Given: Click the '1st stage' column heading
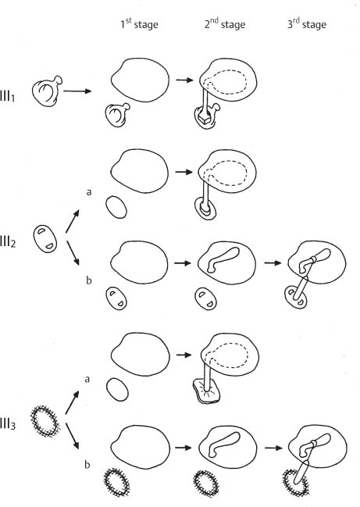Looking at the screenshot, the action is [x=139, y=24].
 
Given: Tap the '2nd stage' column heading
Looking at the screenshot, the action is [x=225, y=24].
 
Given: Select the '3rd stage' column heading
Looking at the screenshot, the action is [x=307, y=24].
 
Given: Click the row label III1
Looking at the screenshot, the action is [x=8, y=97].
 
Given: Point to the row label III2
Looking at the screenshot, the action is [x=8, y=242].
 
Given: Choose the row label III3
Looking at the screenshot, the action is [x=8, y=424].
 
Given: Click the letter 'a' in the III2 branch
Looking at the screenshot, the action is [x=89, y=192].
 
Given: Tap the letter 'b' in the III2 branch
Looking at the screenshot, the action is [x=89, y=280].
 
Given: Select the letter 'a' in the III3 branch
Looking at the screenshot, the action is [x=87, y=379].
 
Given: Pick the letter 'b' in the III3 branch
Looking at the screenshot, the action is [x=87, y=465].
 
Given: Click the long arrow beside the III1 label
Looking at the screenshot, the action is [x=77, y=91].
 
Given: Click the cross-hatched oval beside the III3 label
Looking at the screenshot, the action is [x=45, y=422].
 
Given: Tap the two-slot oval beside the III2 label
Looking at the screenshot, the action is [x=45, y=239].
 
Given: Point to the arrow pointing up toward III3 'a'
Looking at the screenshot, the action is [x=72, y=402].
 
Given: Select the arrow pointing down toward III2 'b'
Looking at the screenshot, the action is [x=73, y=253].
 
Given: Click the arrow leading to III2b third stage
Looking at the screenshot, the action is [x=273, y=263].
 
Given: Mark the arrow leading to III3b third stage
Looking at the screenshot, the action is [x=273, y=448].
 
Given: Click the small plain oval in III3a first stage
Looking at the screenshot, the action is [x=117, y=391].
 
